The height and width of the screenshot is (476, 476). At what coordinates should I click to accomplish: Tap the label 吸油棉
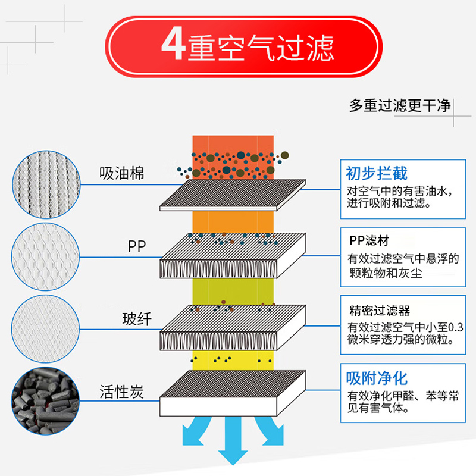pyautogui.click(x=122, y=174)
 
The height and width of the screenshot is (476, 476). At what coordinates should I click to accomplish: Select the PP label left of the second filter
pyautogui.click(x=136, y=246)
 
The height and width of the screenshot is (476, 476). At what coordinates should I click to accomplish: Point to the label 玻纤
pyautogui.click(x=137, y=320)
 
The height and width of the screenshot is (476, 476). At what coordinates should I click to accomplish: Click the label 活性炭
pyautogui.click(x=122, y=393)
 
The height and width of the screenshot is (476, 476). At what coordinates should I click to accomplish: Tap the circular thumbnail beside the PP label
pyautogui.click(x=45, y=252)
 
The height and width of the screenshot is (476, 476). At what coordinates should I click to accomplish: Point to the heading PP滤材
pyautogui.click(x=369, y=241)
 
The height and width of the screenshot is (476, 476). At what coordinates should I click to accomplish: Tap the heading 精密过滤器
pyautogui.click(x=379, y=311)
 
